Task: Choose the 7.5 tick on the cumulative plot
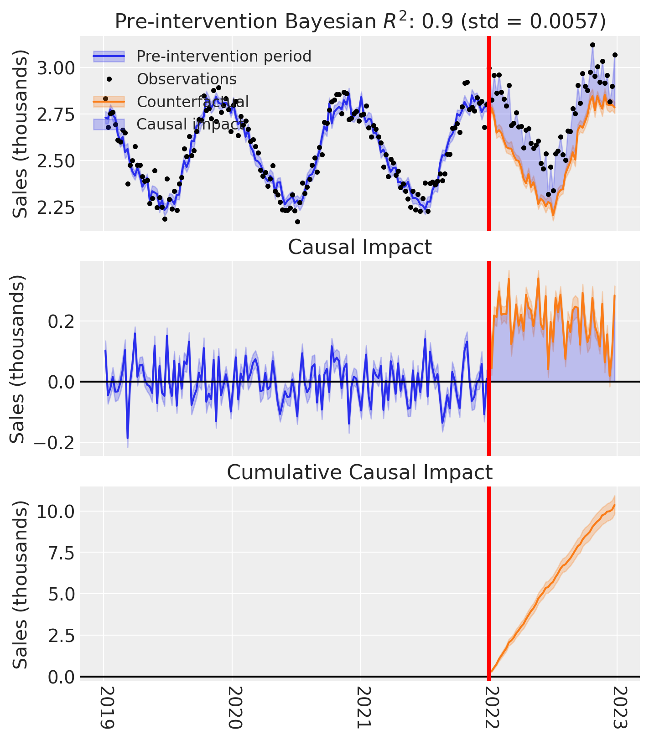click(61, 553)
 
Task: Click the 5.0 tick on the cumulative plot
click(61, 594)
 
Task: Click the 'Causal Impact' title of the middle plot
click(360, 248)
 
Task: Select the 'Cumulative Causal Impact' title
click(360, 473)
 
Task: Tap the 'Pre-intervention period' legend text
click(224, 57)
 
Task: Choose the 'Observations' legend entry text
click(187, 79)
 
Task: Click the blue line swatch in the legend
click(109, 57)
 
